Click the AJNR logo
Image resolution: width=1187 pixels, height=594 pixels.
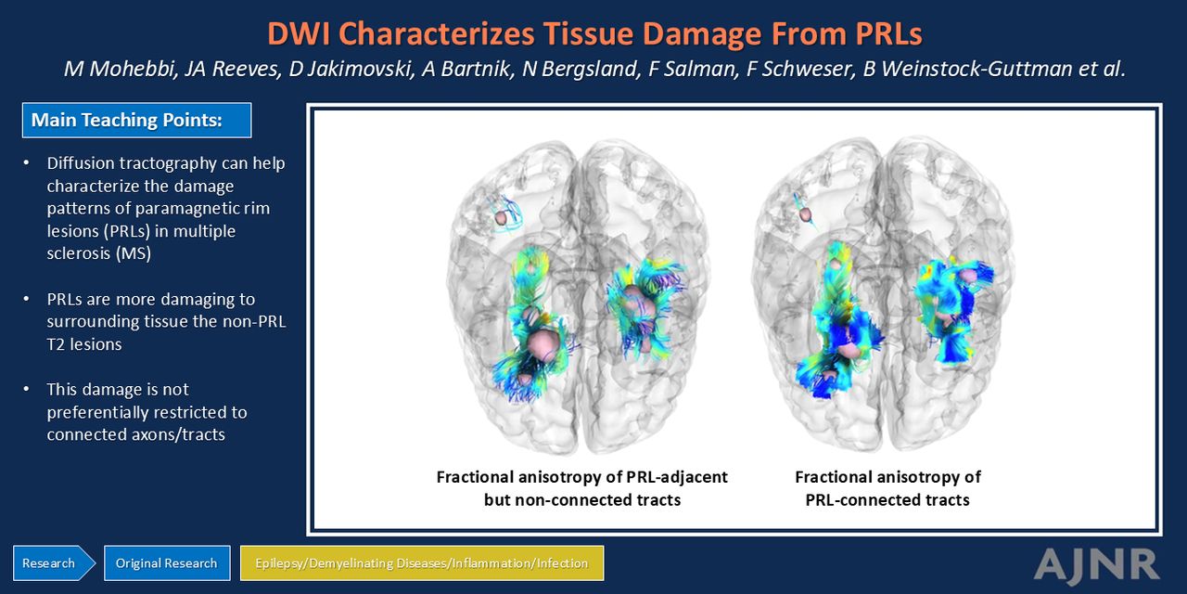pyautogui.click(x=1096, y=564)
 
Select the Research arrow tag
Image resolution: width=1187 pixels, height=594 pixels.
pyautogui.click(x=54, y=563)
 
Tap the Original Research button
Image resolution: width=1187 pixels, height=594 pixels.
pyautogui.click(x=167, y=563)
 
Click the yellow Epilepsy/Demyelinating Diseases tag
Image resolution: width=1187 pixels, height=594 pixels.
pyautogui.click(x=422, y=563)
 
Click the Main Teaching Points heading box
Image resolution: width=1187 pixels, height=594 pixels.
pyautogui.click(x=136, y=121)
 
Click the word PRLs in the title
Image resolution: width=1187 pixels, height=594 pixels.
pyautogui.click(x=887, y=33)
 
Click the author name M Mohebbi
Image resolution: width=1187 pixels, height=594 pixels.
pyautogui.click(x=121, y=69)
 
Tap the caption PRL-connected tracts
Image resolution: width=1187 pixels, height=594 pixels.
pyautogui.click(x=887, y=499)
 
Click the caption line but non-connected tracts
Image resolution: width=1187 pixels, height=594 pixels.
pyautogui.click(x=581, y=499)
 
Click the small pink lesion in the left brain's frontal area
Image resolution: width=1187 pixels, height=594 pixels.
pyautogui.click(x=500, y=217)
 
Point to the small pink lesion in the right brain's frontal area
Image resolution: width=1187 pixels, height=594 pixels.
pyautogui.click(x=805, y=214)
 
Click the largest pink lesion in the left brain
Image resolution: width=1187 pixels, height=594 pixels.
pyautogui.click(x=543, y=342)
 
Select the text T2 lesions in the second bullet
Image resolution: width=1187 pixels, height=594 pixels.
pyautogui.click(x=84, y=344)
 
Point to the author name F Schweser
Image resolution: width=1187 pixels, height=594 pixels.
pyautogui.click(x=800, y=69)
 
